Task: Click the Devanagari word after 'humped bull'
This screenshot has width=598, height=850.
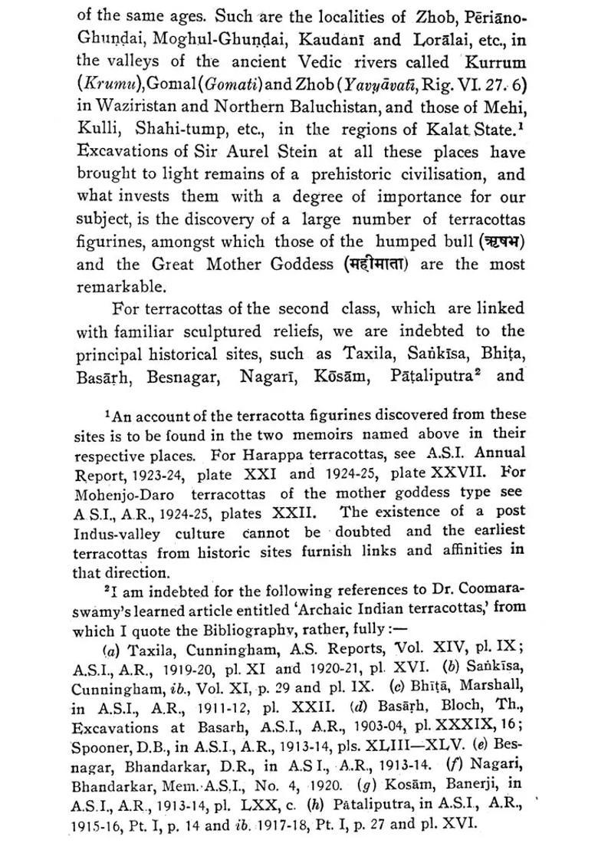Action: pyautogui.click(x=501, y=241)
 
